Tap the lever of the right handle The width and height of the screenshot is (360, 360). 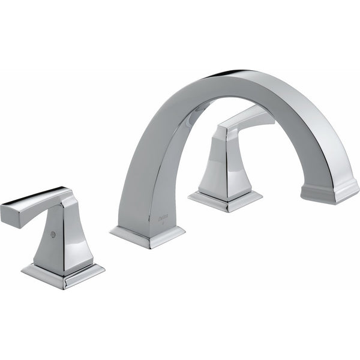[x=246, y=119]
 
